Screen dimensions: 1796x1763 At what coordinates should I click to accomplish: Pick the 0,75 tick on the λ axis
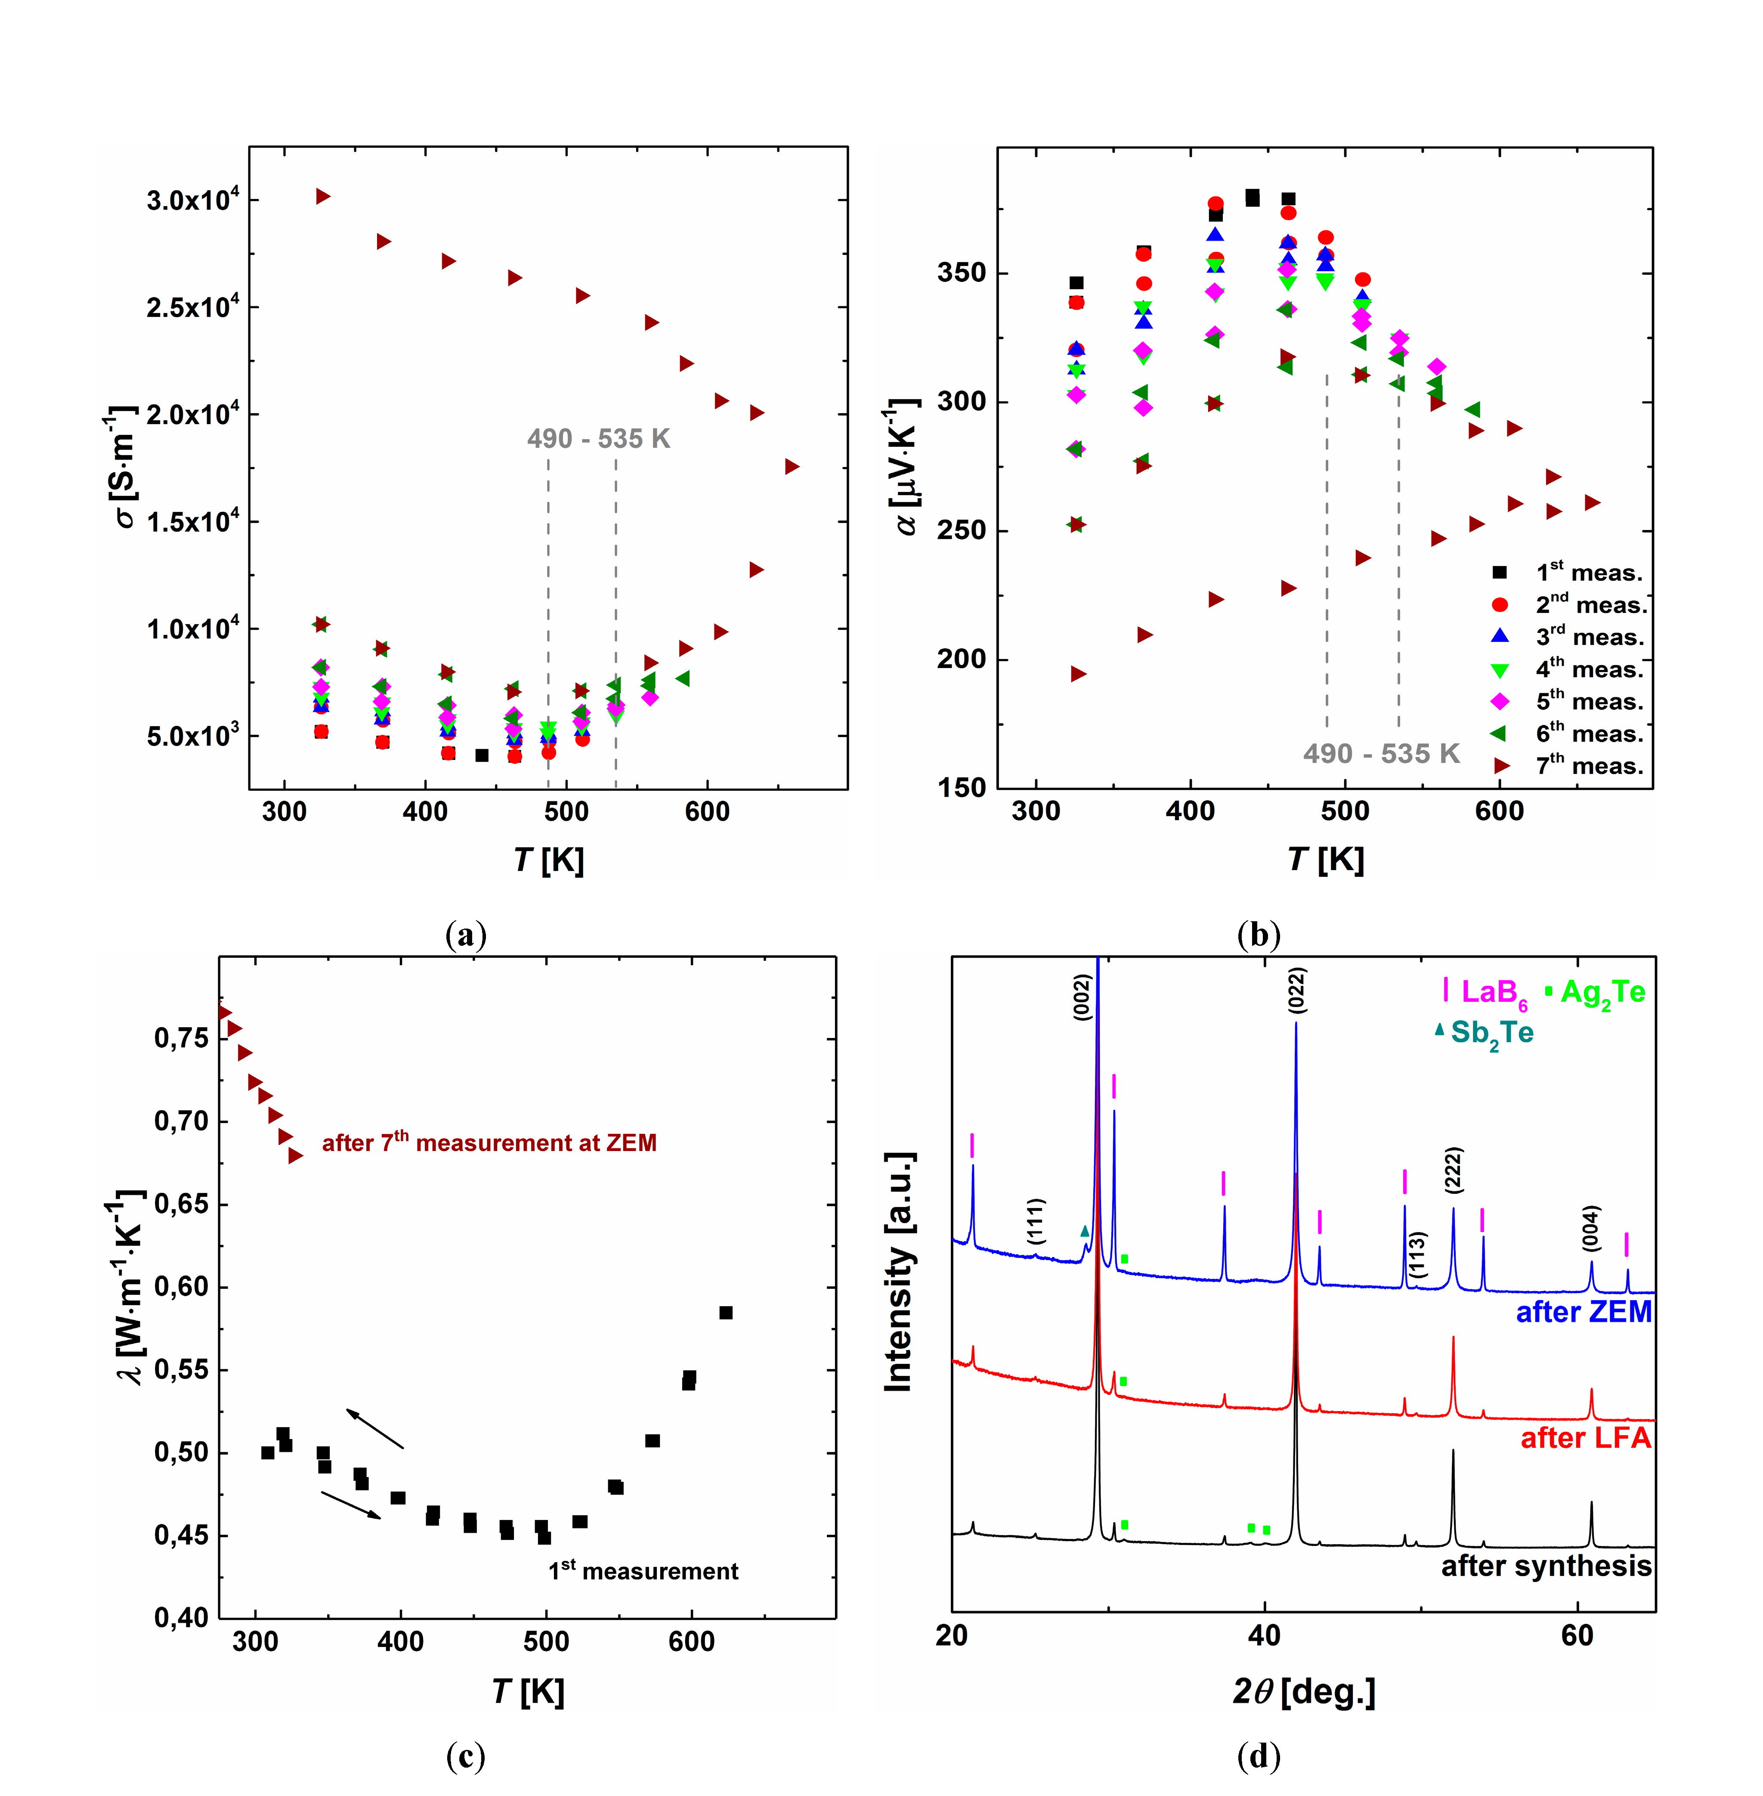pyautogui.click(x=182, y=1038)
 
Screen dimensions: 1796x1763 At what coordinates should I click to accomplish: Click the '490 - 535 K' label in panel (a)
pyautogui.click(x=598, y=439)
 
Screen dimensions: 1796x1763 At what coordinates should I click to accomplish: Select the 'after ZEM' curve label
pyautogui.click(x=1584, y=1312)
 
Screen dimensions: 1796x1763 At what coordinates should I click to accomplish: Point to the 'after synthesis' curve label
pyautogui.click(x=1546, y=1565)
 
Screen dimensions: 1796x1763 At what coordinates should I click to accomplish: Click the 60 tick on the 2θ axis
pyautogui.click(x=1577, y=1636)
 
